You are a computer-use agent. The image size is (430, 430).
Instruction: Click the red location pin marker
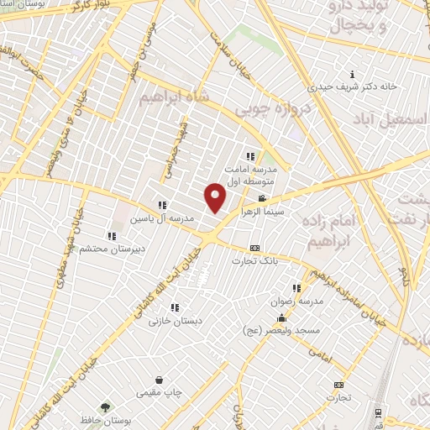216,197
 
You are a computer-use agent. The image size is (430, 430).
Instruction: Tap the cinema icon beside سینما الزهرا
262,199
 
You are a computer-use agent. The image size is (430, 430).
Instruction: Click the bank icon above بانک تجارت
255,248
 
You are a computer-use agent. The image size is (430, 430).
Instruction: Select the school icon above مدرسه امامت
249,155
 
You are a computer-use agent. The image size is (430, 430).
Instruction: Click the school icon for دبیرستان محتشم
112,236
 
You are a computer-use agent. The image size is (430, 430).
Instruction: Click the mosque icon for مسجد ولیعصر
281,319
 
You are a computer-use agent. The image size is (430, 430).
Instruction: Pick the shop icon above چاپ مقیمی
160,380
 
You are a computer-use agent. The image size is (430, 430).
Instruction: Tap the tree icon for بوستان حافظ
105,407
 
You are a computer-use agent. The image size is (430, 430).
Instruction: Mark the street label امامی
321,359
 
